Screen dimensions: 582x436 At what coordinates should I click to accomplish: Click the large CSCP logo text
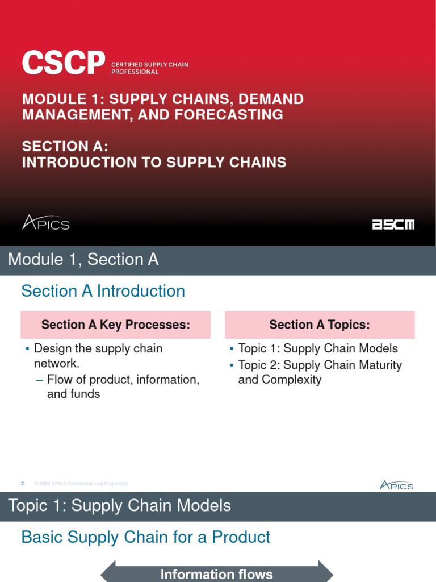coord(64,63)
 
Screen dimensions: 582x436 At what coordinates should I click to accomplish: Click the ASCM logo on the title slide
coord(393,225)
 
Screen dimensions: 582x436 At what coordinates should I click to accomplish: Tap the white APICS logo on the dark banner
coord(45,222)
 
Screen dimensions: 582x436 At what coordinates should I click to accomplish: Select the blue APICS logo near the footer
coord(396,485)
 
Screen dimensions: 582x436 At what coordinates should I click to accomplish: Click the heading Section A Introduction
coord(103,291)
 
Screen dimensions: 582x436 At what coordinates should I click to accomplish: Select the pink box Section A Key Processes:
coord(115,325)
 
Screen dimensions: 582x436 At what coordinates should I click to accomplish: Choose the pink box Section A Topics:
coord(320,325)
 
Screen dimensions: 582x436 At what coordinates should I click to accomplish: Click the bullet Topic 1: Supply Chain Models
coord(318,348)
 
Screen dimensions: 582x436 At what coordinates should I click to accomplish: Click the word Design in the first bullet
coord(52,348)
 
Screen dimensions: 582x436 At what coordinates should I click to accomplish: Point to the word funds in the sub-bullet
coord(86,393)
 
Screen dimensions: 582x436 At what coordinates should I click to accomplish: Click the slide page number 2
coord(22,484)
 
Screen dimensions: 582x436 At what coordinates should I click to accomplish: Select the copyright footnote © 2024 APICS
coord(81,484)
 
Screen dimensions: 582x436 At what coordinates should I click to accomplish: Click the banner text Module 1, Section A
coord(83,260)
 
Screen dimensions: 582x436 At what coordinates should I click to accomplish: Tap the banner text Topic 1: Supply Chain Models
coord(119,506)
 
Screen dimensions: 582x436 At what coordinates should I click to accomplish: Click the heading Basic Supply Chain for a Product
coord(145,537)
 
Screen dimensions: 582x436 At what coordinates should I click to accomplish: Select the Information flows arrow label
coord(216,574)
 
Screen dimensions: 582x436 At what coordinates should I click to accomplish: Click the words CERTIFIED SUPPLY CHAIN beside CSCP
coord(149,65)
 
